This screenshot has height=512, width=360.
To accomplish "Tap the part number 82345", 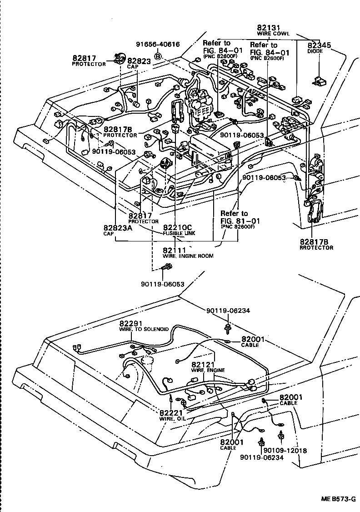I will point(320,45).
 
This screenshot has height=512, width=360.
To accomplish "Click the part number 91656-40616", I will point(158,44).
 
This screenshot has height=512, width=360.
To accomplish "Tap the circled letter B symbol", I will point(158,56).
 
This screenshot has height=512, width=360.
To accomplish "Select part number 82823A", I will point(117,227).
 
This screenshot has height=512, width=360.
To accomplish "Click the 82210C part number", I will point(178,227).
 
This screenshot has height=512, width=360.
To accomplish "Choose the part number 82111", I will point(174,250).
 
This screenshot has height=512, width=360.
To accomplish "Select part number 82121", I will point(203,365).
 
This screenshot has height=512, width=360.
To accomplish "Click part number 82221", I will point(171,412).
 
